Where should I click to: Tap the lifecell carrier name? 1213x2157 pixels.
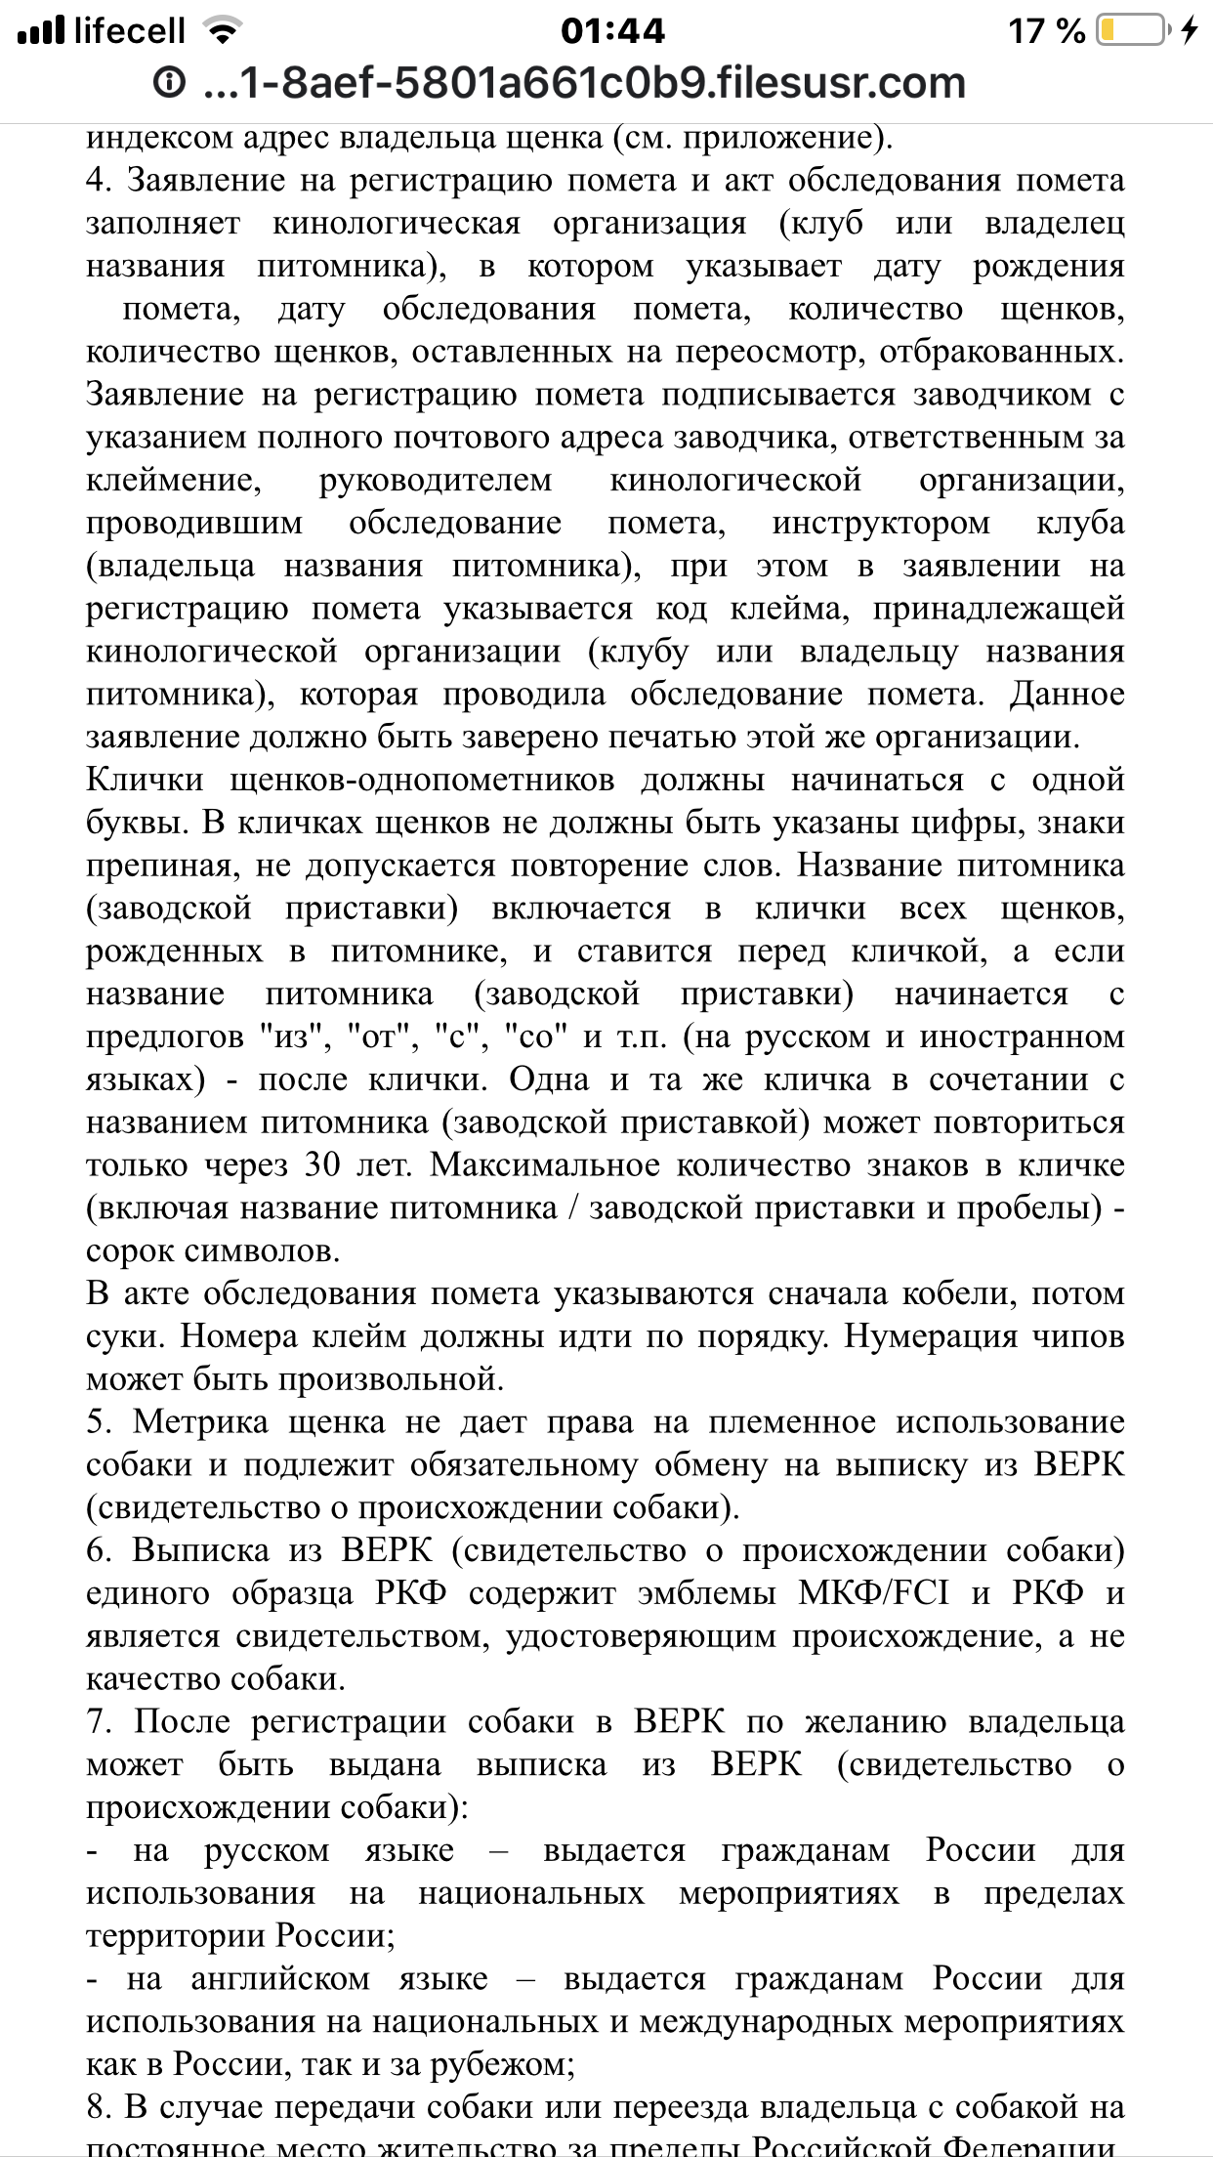pos(129,31)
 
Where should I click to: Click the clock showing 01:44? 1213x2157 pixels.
pos(612,31)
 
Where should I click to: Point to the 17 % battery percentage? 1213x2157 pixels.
pos(1046,31)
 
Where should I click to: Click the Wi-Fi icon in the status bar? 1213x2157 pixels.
pos(224,31)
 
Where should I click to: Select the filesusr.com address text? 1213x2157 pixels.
pos(583,83)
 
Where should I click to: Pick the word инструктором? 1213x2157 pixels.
pos(881,524)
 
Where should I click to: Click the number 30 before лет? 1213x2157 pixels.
pos(323,1166)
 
